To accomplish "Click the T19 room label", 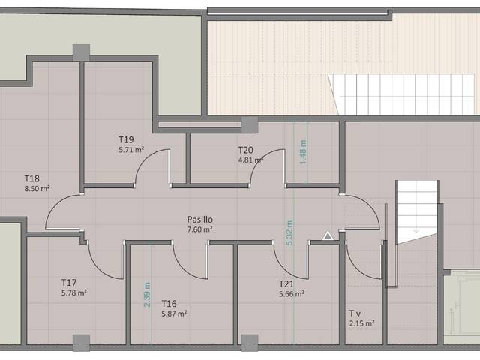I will [x=126, y=139].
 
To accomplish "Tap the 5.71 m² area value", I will [x=130, y=149].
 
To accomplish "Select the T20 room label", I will [x=247, y=149].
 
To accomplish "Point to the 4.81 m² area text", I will [x=251, y=159].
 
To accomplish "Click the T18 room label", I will [x=31, y=178].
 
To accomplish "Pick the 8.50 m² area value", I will [x=37, y=188].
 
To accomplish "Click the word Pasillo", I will [x=200, y=220].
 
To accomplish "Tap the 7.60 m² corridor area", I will [x=200, y=229].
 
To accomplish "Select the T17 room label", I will [x=70, y=282].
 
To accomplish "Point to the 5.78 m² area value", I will [x=74, y=292].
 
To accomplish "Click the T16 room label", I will [x=169, y=303].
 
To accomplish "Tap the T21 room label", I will [x=286, y=284].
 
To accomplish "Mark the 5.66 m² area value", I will [x=291, y=294].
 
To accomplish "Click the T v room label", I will [x=356, y=313].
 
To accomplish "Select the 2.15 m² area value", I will [x=361, y=322].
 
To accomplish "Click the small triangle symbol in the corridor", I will [x=328, y=235].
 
